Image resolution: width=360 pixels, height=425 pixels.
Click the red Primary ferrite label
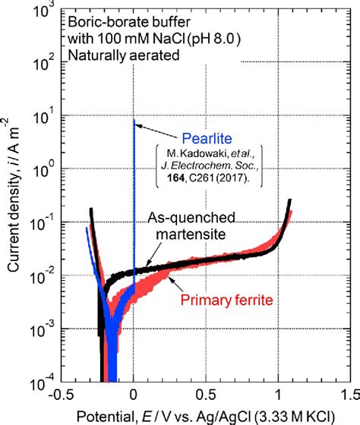click(223, 298)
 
